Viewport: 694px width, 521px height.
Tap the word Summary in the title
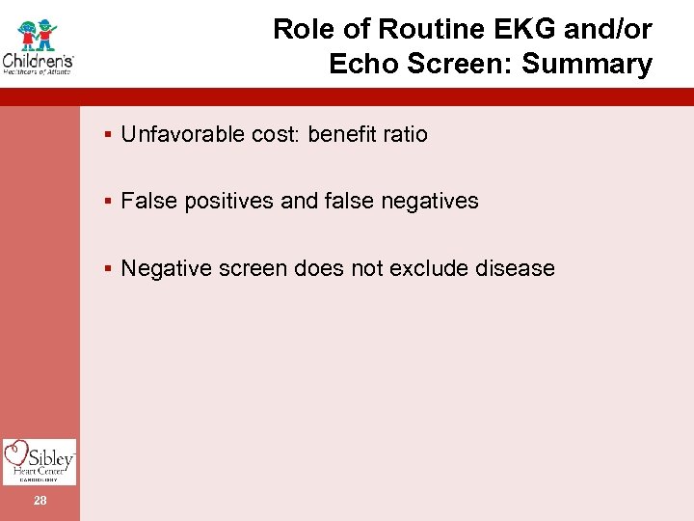[600, 65]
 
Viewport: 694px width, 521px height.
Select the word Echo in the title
[360, 65]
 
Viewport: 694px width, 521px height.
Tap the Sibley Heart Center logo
[40, 460]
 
